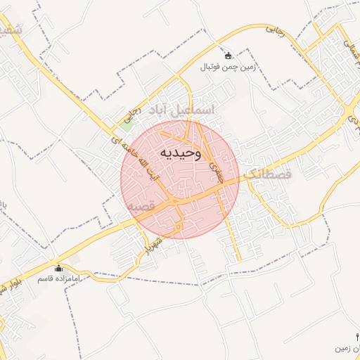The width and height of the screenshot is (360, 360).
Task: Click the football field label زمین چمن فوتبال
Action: (227, 67)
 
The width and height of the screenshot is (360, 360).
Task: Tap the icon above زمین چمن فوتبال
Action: (227, 56)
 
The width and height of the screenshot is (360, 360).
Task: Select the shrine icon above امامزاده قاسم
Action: (58, 268)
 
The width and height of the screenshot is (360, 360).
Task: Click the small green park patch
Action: (127, 125)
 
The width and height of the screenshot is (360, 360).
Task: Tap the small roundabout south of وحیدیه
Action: (179, 226)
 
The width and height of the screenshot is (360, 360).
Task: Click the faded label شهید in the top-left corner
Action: (12, 30)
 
